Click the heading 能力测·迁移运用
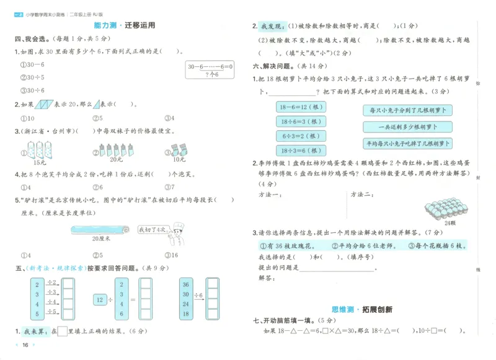124,26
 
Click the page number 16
25,345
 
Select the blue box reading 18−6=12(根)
301,107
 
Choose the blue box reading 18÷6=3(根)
301,121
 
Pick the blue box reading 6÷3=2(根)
301,136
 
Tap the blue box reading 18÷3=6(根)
301,151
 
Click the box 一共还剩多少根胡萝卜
407,127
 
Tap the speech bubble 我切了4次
152,229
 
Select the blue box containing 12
100,300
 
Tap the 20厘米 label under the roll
100,239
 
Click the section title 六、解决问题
275,66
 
